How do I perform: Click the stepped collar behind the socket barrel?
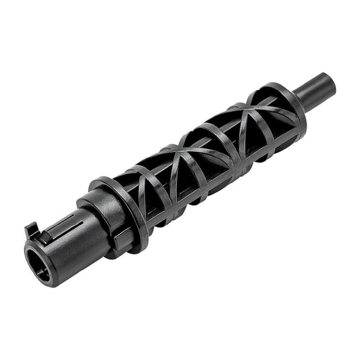(x=96, y=214)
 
